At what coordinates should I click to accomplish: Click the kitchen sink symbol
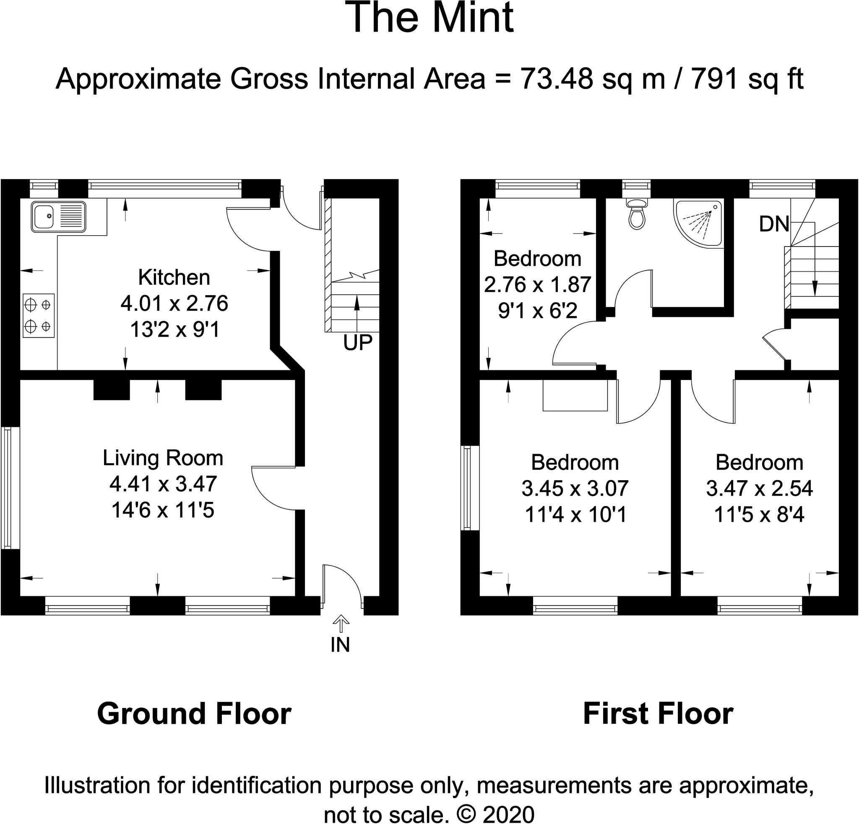58,216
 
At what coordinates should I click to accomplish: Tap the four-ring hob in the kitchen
39,315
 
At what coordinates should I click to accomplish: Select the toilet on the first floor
637,215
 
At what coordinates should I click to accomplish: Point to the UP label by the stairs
358,343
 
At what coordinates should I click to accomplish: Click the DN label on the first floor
774,224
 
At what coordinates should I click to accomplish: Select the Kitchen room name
174,277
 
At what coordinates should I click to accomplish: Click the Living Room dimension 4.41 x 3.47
163,484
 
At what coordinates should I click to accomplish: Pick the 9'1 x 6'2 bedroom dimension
538,311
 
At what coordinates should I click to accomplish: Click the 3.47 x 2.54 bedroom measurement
760,489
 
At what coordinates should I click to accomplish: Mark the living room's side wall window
8,488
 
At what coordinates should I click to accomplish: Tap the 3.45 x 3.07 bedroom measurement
575,489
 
